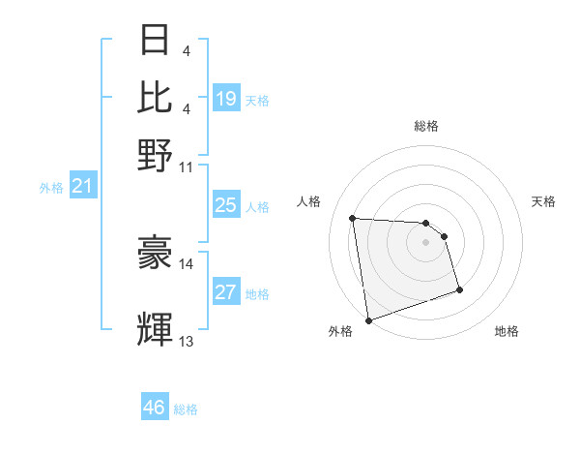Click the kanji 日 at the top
[x=156, y=40]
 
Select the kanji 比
[x=156, y=97]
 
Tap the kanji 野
[x=156, y=154]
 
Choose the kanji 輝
[x=156, y=330]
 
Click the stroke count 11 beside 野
[x=187, y=167]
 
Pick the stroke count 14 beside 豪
[x=187, y=264]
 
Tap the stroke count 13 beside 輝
[x=187, y=341]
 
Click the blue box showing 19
[x=226, y=99]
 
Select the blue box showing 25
[x=226, y=205]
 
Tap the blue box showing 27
[x=226, y=292]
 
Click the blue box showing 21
[x=81, y=187]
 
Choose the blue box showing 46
[x=155, y=408]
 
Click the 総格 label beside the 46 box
[x=186, y=409]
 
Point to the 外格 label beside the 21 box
[x=50, y=188]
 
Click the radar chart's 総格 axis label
[x=426, y=126]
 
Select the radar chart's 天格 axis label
[x=543, y=201]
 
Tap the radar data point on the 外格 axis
[x=367, y=319]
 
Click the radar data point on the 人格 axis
[x=353, y=218]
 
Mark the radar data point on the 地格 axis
[x=459, y=289]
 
